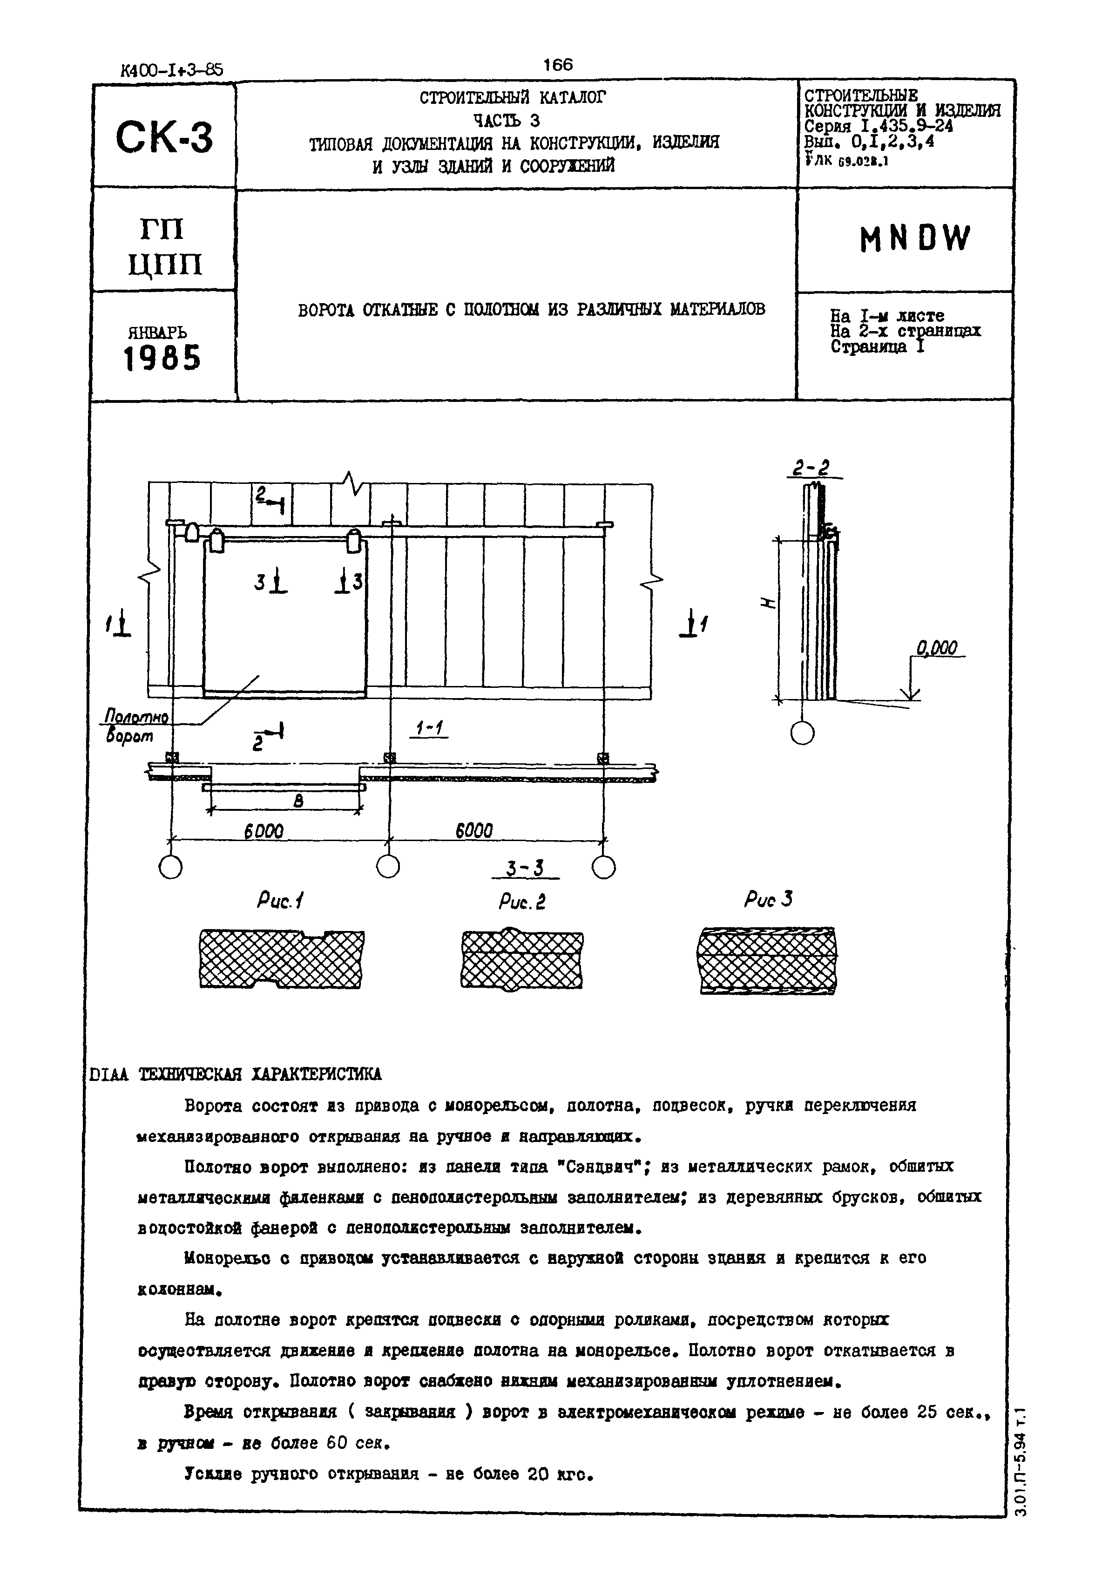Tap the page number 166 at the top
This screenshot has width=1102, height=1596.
click(558, 65)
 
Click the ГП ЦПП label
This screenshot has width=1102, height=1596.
click(165, 246)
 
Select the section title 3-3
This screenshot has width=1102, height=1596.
click(525, 868)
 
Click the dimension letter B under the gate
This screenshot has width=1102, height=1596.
click(298, 801)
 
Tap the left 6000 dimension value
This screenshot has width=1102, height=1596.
click(264, 831)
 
